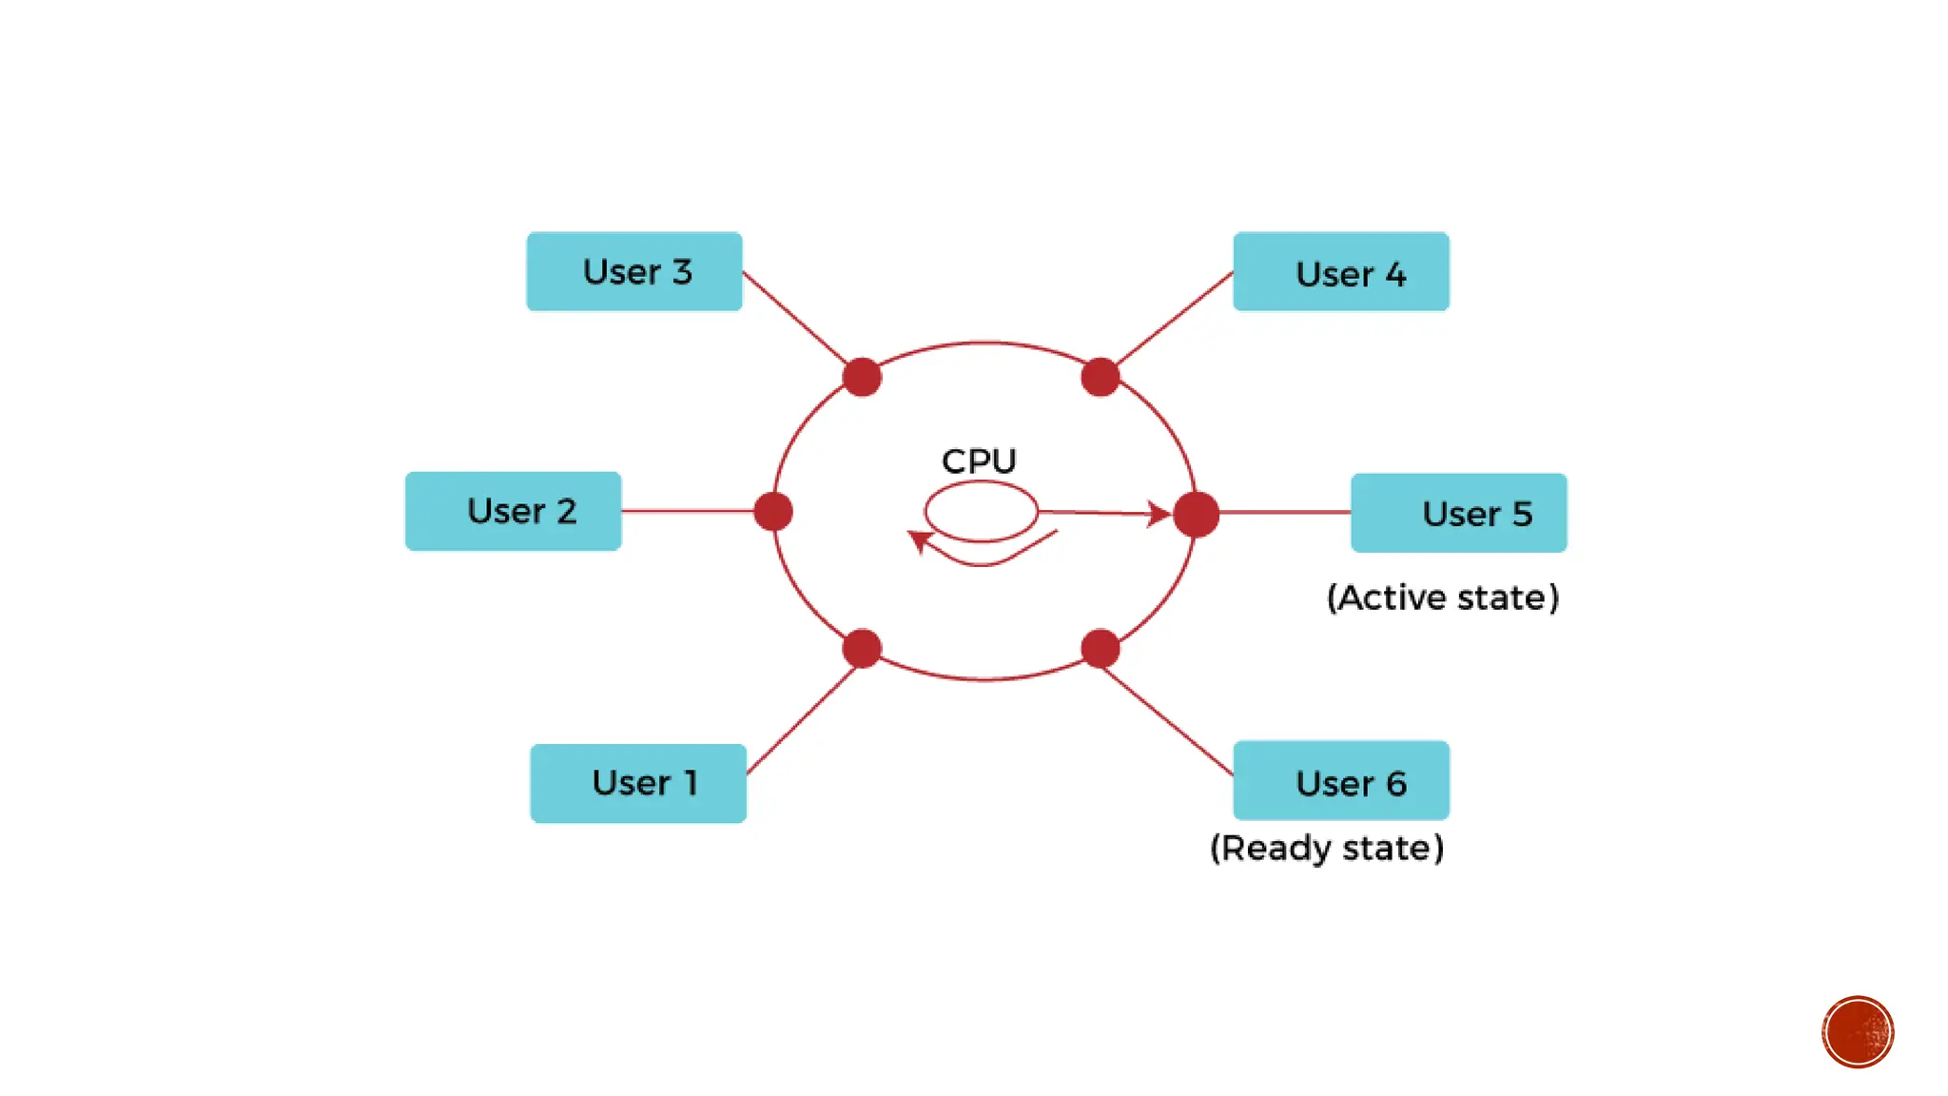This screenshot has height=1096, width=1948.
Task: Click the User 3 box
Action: click(x=634, y=271)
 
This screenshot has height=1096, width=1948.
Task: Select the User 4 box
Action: click(x=1341, y=272)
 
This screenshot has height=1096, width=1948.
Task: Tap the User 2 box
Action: click(x=514, y=511)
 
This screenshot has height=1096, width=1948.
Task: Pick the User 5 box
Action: click(x=1458, y=513)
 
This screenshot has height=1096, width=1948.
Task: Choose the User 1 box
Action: click(x=638, y=783)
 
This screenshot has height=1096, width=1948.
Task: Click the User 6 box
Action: click(x=1341, y=781)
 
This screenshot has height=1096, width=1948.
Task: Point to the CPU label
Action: click(x=979, y=461)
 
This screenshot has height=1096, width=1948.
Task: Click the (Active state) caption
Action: click(x=1443, y=597)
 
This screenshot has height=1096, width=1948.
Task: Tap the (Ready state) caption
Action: click(x=1327, y=848)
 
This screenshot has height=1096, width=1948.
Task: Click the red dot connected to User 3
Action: click(x=862, y=377)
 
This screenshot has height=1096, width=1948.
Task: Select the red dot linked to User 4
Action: click(x=1101, y=377)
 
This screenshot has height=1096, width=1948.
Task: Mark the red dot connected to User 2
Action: click(x=773, y=512)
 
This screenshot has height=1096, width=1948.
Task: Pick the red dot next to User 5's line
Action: click(x=1196, y=514)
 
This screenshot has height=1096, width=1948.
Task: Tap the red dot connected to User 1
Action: click(x=862, y=649)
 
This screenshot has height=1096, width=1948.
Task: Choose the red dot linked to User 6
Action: click(x=1101, y=649)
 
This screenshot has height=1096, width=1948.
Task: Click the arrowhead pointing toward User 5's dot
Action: click(x=1159, y=514)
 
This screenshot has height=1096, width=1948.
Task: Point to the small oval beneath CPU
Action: click(x=981, y=511)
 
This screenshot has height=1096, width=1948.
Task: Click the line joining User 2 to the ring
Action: click(x=687, y=511)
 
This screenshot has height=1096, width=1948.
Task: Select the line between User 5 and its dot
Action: click(x=1284, y=512)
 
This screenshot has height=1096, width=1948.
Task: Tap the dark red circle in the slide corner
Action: click(x=1858, y=1032)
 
